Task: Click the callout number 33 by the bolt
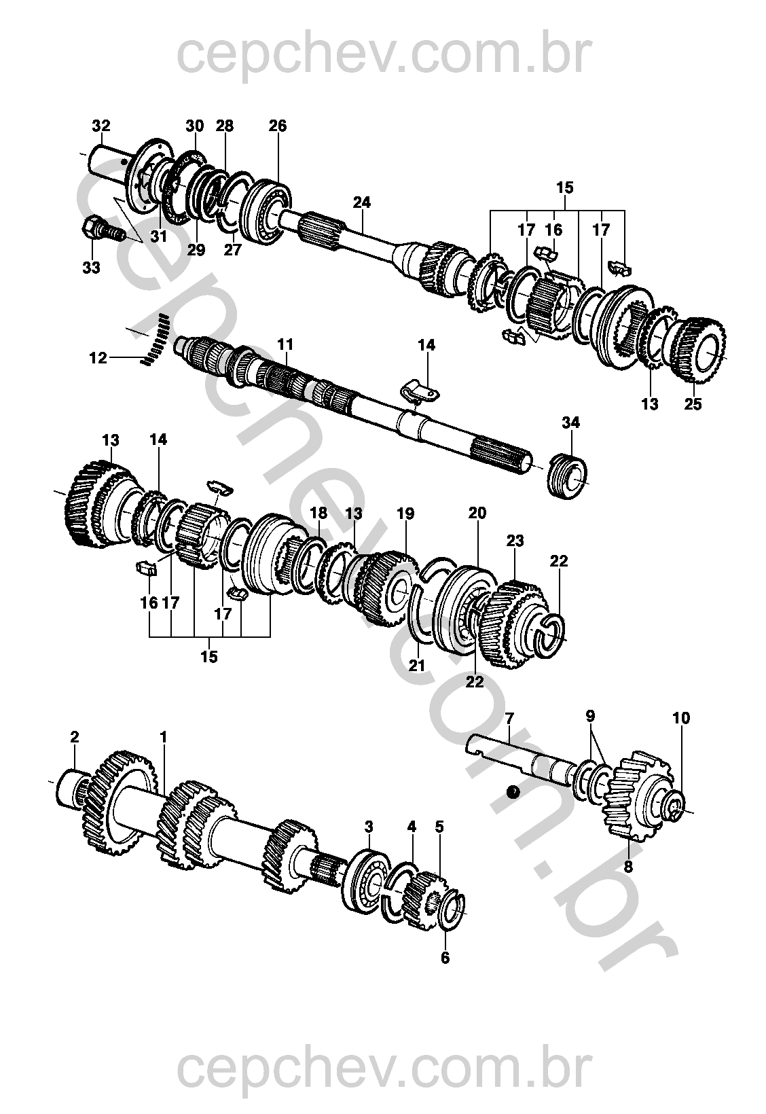[x=91, y=268]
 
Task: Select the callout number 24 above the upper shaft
[x=362, y=202]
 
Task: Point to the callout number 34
[x=570, y=423]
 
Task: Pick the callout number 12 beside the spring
[x=98, y=357]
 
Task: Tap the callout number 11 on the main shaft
[x=285, y=344]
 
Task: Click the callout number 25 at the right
[x=693, y=403]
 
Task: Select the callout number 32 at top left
[x=101, y=125]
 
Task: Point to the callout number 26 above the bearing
[x=278, y=125]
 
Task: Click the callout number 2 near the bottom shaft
[x=75, y=736]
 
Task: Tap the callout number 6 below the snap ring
[x=445, y=957]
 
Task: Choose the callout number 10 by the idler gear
[x=682, y=718]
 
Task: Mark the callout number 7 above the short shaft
[x=509, y=719]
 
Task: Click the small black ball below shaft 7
[x=513, y=791]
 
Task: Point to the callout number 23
[x=515, y=541]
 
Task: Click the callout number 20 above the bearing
[x=477, y=513]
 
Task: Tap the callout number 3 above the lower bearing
[x=368, y=827]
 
